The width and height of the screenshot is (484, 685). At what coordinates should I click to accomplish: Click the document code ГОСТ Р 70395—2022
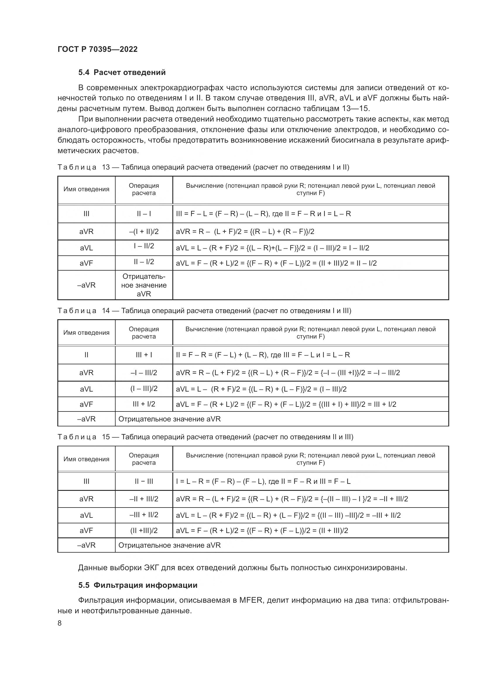tap(97, 49)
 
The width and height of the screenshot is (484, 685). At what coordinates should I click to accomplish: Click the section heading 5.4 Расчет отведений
tap(122, 73)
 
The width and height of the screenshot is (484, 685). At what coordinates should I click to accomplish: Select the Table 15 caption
tap(205, 437)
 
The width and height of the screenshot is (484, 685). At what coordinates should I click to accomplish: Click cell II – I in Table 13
tap(144, 213)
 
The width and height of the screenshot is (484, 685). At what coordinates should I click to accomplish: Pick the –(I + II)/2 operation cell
tap(144, 232)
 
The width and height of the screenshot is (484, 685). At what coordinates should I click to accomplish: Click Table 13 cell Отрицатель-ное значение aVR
tap(144, 285)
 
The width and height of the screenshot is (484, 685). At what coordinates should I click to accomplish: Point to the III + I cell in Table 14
tap(144, 355)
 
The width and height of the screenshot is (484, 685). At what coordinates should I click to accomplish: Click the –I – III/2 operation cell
tap(144, 373)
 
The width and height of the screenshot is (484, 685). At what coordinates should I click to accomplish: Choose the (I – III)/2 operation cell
tap(144, 388)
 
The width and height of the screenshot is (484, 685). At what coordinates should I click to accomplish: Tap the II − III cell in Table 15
tap(144, 481)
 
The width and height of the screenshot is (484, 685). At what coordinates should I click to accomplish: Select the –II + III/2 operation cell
tap(144, 499)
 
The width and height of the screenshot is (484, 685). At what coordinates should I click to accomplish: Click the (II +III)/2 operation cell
tap(144, 530)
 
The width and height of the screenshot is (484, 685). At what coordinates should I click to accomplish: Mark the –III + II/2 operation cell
tap(144, 515)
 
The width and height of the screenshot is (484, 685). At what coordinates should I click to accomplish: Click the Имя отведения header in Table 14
tap(86, 333)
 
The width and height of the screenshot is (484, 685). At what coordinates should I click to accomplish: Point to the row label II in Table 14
tap(86, 355)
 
